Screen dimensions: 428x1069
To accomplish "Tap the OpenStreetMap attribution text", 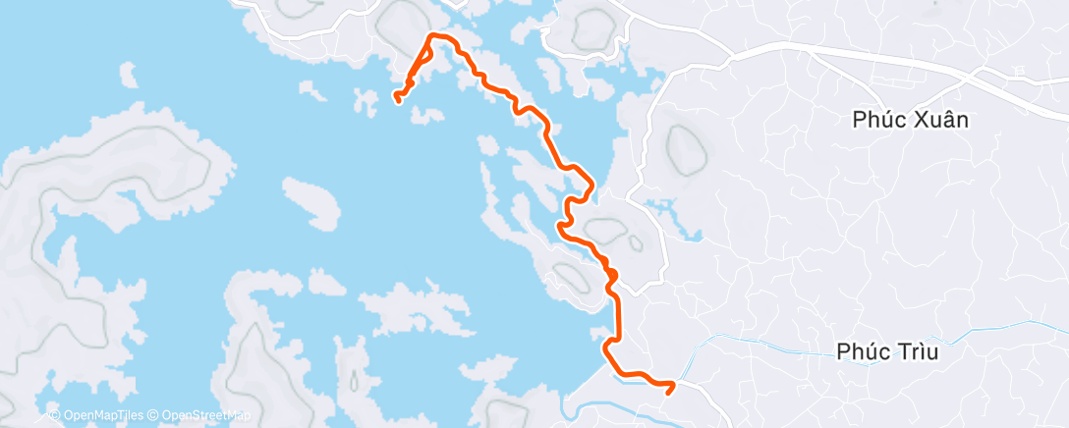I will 200,416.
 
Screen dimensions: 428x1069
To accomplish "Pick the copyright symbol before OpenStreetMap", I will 153,416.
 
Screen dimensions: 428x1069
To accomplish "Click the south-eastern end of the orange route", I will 668,390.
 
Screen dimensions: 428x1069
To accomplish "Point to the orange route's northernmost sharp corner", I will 431,36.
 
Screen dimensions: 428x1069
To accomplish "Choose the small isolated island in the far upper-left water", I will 126,73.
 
